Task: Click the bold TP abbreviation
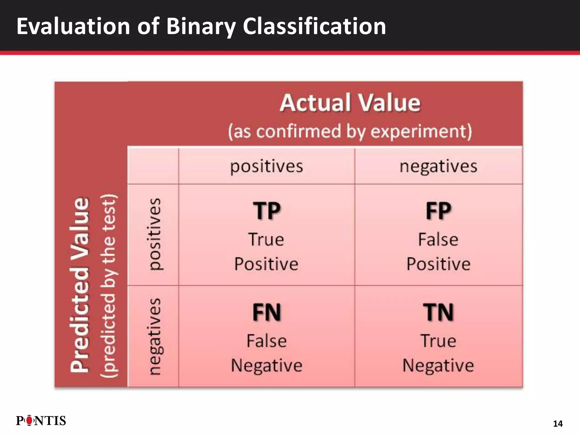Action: tap(266, 211)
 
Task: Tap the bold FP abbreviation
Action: tap(438, 211)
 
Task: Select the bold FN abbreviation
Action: tap(266, 312)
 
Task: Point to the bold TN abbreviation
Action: tap(438, 312)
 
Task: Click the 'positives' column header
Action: tap(266, 166)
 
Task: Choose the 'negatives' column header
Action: tap(438, 166)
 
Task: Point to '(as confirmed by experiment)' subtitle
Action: tap(350, 131)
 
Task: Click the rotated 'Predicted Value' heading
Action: tap(80, 285)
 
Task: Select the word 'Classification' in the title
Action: tap(314, 26)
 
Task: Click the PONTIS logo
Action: tap(41, 421)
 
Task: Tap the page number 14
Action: tap(558, 424)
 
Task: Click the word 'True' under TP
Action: tap(266, 240)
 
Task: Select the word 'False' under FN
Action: tap(266, 341)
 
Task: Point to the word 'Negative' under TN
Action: tap(438, 365)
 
